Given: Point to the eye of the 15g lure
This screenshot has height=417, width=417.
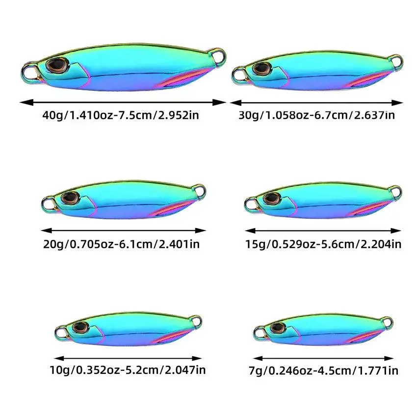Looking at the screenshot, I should click(271, 199).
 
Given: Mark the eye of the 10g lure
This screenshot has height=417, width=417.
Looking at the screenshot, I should click(78, 327).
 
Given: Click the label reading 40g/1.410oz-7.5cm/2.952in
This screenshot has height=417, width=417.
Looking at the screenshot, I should click(121, 116).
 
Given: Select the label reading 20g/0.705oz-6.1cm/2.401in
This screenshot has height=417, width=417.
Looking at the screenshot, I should click(121, 244).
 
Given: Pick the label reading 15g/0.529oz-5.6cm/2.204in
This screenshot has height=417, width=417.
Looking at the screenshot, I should click(323, 244).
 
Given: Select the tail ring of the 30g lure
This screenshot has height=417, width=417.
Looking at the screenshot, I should click(396, 61).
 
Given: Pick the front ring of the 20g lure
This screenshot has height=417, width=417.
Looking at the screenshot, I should click(48, 202).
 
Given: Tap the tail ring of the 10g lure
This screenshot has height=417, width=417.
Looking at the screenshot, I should click(194, 321).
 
